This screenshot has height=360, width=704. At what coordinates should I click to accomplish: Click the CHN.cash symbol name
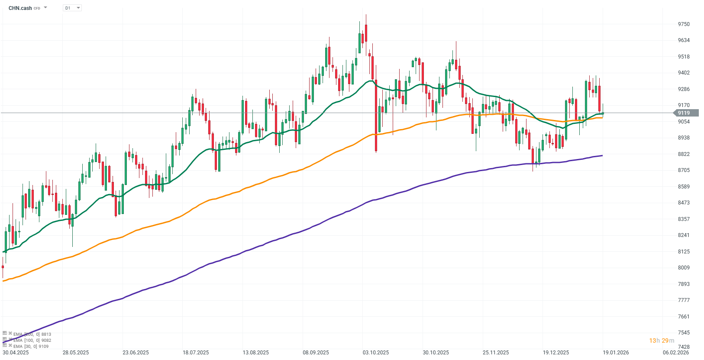(20, 8)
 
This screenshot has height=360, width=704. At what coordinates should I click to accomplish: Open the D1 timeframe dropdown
(72, 8)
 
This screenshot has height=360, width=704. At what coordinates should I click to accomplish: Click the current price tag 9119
(684, 113)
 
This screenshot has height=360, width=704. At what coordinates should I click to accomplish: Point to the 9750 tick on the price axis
(684, 24)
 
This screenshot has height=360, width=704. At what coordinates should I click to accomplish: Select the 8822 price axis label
(684, 154)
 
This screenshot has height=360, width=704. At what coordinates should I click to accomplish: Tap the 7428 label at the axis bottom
(684, 347)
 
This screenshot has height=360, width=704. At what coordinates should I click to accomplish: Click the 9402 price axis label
(684, 73)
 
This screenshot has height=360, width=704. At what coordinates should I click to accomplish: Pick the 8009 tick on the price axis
(684, 268)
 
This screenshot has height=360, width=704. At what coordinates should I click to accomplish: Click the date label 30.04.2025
(16, 353)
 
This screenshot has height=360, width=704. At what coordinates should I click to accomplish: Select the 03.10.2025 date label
(376, 353)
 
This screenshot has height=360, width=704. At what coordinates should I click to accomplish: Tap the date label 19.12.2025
(556, 353)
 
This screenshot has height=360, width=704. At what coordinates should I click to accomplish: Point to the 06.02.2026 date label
(676, 353)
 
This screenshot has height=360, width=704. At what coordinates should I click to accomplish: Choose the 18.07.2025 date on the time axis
(196, 353)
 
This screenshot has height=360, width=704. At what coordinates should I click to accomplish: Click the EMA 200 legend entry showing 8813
(32, 334)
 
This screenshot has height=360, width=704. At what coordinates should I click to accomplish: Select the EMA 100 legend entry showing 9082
(32, 341)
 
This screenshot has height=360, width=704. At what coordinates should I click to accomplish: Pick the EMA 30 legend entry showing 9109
(31, 347)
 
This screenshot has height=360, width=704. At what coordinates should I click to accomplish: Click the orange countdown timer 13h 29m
(662, 341)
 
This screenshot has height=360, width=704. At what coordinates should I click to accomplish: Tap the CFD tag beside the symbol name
(37, 9)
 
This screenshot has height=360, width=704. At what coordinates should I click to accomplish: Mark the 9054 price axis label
(684, 122)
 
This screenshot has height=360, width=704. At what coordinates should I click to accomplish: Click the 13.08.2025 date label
(255, 353)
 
